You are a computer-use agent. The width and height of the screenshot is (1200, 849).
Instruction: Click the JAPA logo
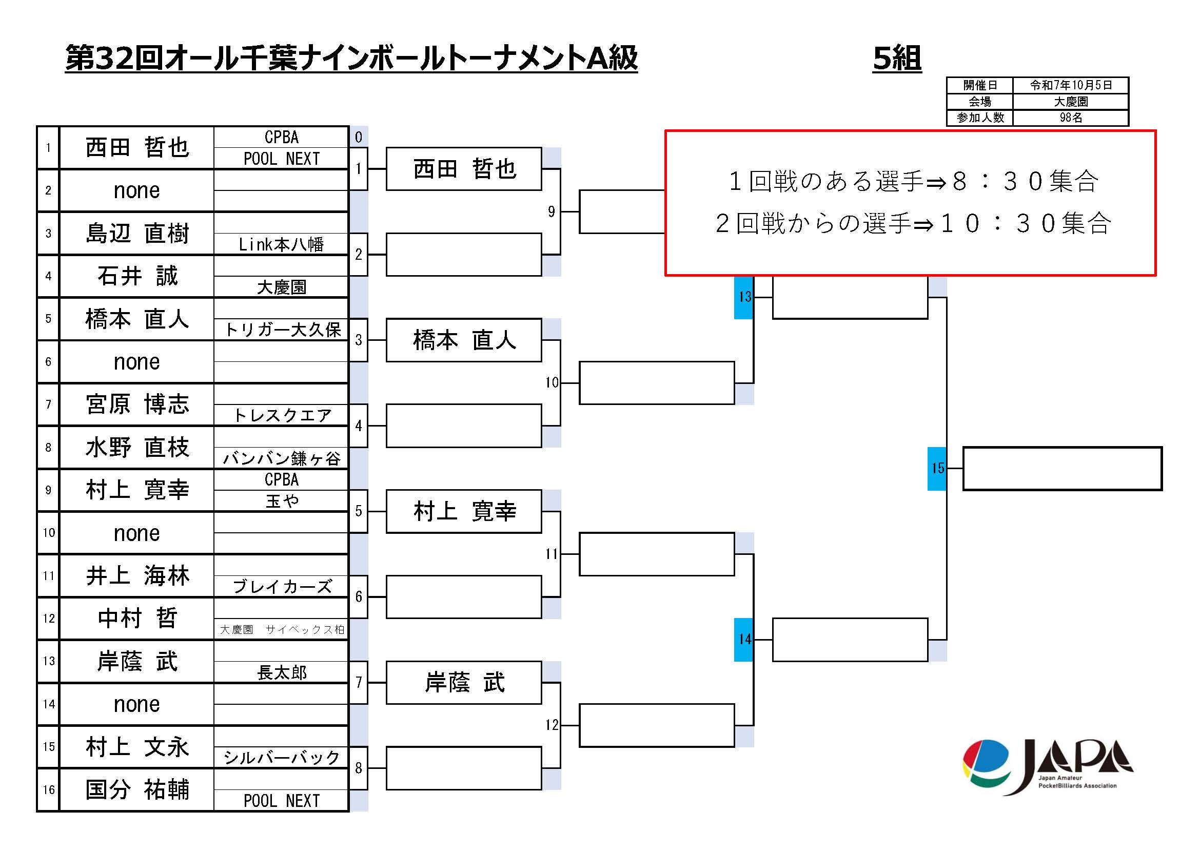1047,767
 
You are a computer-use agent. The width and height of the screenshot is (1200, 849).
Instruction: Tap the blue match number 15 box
937,469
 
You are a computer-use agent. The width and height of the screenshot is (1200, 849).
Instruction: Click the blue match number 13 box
744,297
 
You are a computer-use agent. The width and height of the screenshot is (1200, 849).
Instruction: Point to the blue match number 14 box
744,640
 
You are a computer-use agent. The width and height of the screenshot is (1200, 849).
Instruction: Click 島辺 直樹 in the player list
137,233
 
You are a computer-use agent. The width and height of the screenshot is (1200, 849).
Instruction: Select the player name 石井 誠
137,276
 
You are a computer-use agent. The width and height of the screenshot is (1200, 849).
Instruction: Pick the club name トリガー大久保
282,330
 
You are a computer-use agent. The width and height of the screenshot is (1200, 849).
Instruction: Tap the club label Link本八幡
281,244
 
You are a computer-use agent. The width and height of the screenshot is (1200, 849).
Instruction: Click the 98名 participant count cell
1070,118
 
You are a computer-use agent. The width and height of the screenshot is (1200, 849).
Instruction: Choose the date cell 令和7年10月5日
1070,85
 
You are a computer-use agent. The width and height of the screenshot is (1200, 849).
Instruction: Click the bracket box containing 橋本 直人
464,340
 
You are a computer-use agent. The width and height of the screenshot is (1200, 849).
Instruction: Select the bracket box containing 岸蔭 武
464,683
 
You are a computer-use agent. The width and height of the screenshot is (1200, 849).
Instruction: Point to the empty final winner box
1062,469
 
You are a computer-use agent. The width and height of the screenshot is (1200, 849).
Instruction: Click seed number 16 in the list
49,789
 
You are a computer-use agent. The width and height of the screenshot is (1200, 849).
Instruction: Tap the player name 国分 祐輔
137,789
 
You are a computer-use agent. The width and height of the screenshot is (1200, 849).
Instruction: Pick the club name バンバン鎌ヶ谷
282,458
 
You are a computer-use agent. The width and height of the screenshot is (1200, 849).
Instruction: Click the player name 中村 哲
137,619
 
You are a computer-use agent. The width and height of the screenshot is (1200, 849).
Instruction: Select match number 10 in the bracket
552,383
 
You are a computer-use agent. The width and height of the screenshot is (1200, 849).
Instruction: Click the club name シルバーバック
282,758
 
